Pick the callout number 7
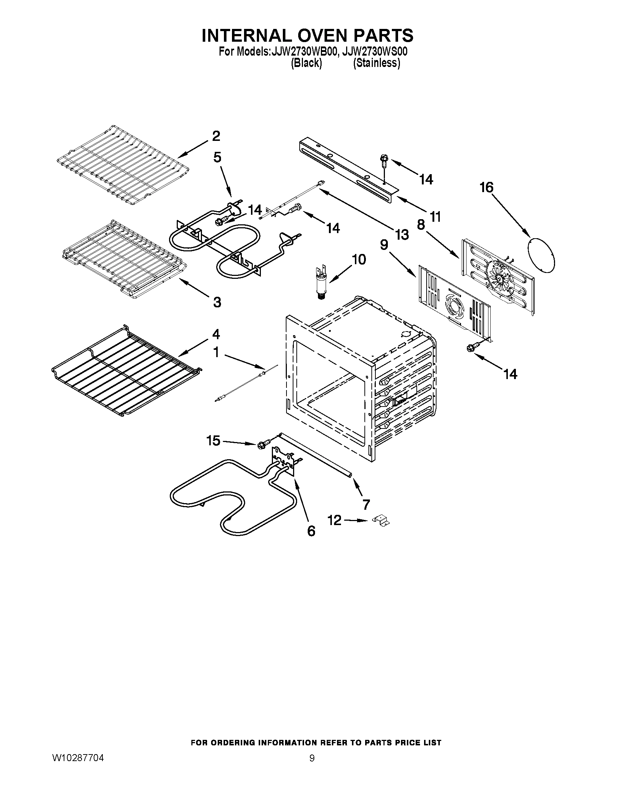[366, 504]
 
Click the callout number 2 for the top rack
[216, 136]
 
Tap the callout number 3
[217, 302]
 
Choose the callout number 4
[216, 334]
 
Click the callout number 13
[402, 235]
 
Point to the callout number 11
[435, 217]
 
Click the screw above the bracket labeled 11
[383, 161]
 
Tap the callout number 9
[384, 244]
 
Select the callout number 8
[421, 224]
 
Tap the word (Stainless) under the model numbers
[376, 63]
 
